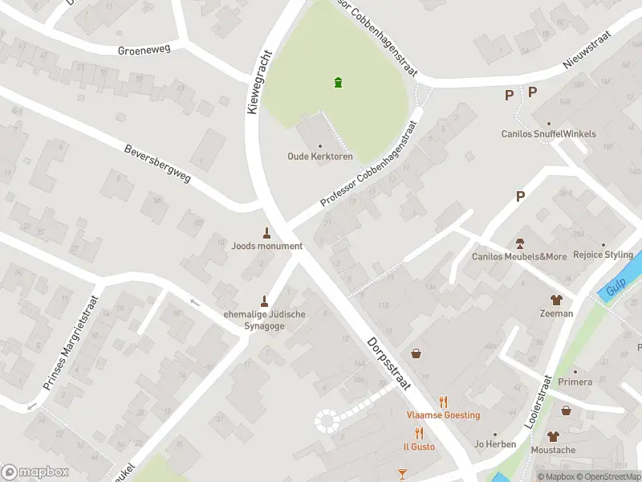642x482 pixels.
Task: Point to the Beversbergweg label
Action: click(x=157, y=164)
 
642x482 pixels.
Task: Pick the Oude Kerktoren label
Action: click(x=319, y=157)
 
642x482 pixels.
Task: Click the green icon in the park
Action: click(x=339, y=81)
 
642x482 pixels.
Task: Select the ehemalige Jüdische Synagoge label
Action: click(x=264, y=321)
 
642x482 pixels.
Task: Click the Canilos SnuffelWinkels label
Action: click(x=548, y=134)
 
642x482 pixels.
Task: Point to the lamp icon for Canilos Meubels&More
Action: click(x=519, y=243)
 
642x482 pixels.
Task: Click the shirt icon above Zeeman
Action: click(x=556, y=300)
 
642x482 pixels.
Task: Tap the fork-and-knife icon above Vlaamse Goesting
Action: click(x=442, y=402)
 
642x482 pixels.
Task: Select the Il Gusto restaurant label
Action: click(x=418, y=446)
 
